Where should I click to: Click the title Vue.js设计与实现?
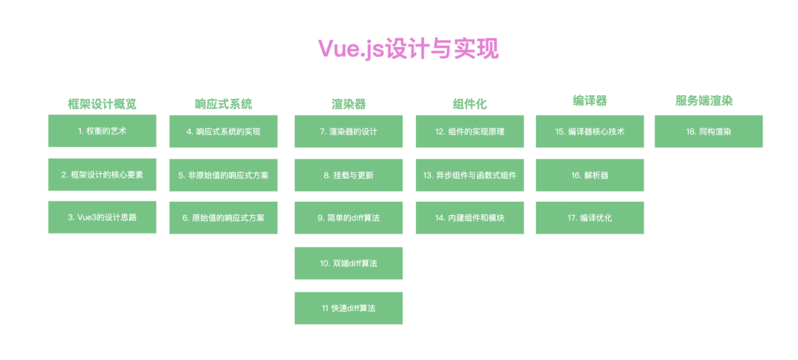(x=408, y=49)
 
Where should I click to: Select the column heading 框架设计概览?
(x=102, y=103)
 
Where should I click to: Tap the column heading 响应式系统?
(x=223, y=103)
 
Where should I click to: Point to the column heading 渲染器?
(x=348, y=104)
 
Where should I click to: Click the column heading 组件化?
(x=469, y=104)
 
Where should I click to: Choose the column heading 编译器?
(x=590, y=101)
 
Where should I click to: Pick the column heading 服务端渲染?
(x=708, y=101)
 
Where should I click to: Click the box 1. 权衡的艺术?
(x=102, y=131)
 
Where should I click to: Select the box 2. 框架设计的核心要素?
(x=102, y=174)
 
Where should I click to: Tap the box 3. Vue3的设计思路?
(x=102, y=217)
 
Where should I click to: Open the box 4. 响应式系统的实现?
(x=223, y=132)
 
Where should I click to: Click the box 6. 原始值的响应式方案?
(x=223, y=218)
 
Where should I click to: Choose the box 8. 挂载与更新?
(x=348, y=175)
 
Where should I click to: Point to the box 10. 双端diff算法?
(x=348, y=263)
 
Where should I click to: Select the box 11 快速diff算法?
(x=348, y=308)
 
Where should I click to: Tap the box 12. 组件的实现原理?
(x=469, y=132)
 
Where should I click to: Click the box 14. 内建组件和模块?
(x=469, y=218)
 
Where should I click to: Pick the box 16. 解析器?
(x=590, y=175)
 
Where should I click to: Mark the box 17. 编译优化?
(x=590, y=218)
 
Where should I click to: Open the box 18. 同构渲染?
(x=708, y=132)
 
